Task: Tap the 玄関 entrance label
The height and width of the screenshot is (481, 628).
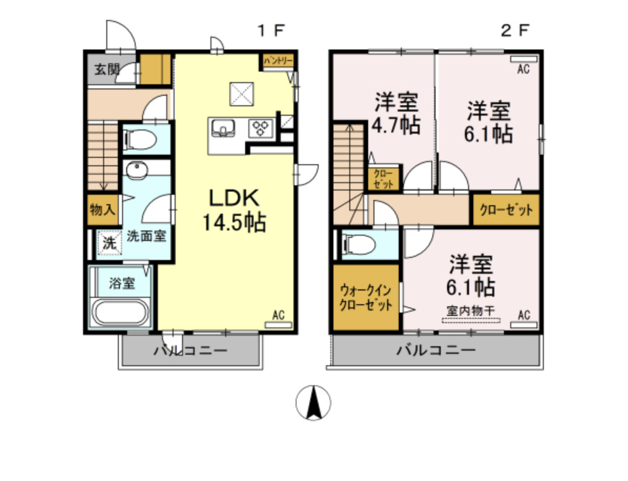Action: pyautogui.click(x=107, y=69)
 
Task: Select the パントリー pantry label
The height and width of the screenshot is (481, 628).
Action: pyautogui.click(x=278, y=61)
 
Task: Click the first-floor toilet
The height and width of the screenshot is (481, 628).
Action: pyautogui.click(x=140, y=140)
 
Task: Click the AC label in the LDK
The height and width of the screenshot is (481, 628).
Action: pyautogui.click(x=278, y=316)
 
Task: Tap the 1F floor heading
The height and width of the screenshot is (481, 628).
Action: pyautogui.click(x=270, y=31)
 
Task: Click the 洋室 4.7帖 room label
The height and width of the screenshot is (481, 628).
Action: pyautogui.click(x=397, y=113)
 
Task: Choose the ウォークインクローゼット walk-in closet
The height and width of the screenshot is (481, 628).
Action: pyautogui.click(x=366, y=298)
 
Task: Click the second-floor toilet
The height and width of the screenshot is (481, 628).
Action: pyautogui.click(x=360, y=245)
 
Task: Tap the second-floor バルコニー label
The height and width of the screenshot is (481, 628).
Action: pyautogui.click(x=436, y=350)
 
